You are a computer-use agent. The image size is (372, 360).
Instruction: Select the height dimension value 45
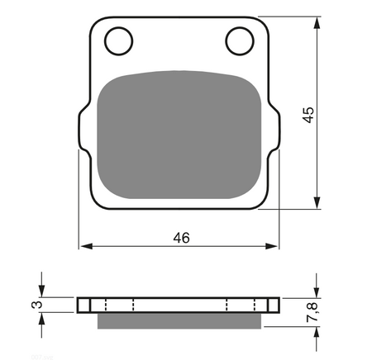(x=308, y=114)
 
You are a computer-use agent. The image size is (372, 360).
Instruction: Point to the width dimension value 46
(x=181, y=238)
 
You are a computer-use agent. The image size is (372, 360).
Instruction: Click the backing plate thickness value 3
(x=35, y=305)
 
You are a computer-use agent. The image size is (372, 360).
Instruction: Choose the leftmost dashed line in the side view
(x=106, y=305)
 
